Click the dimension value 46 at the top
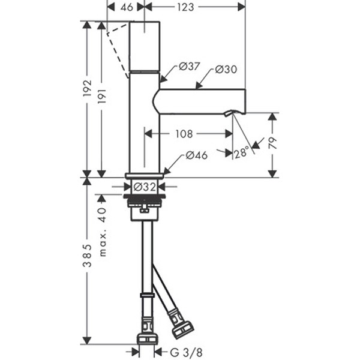pos(125,7)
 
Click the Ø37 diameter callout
pos(189,67)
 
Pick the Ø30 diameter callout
pos(226,70)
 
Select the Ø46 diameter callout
pos(196,155)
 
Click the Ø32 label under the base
pos(145,186)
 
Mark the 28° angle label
pos(242,153)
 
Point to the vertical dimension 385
pos(88,255)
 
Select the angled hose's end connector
pos(182,326)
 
